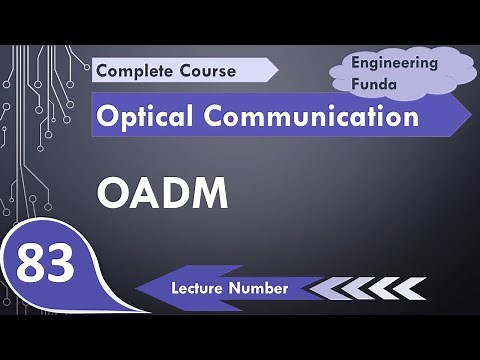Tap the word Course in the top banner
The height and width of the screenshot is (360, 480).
[207, 71]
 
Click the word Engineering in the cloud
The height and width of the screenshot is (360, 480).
[395, 62]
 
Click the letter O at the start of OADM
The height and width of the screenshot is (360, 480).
[111, 192]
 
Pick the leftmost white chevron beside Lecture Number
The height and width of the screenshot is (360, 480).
[322, 288]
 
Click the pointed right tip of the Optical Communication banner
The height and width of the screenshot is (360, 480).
[470, 117]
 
